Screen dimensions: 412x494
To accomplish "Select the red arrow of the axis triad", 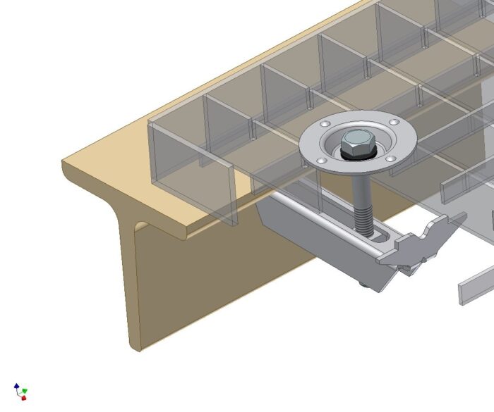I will pyautogui.click(x=23, y=397).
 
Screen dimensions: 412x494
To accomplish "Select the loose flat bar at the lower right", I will pyautogui.click(x=476, y=286).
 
